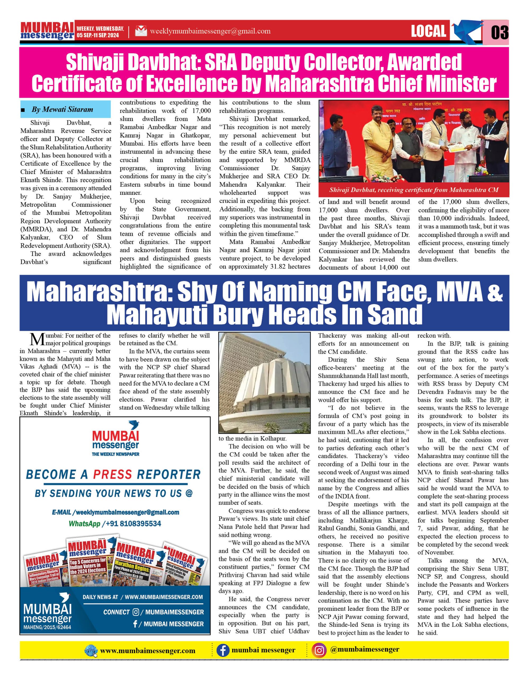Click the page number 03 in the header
(x=500, y=32)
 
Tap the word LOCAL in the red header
(x=428, y=31)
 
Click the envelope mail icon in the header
(x=141, y=31)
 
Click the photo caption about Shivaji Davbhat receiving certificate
(x=414, y=190)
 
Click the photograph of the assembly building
(x=264, y=383)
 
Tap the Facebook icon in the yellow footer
(x=222, y=650)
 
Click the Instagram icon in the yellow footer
(x=320, y=650)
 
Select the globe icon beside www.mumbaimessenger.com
(x=91, y=651)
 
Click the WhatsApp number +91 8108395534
(x=133, y=524)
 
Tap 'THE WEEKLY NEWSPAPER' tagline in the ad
(x=115, y=454)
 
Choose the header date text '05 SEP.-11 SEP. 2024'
(x=98, y=36)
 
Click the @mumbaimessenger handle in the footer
(x=365, y=650)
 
